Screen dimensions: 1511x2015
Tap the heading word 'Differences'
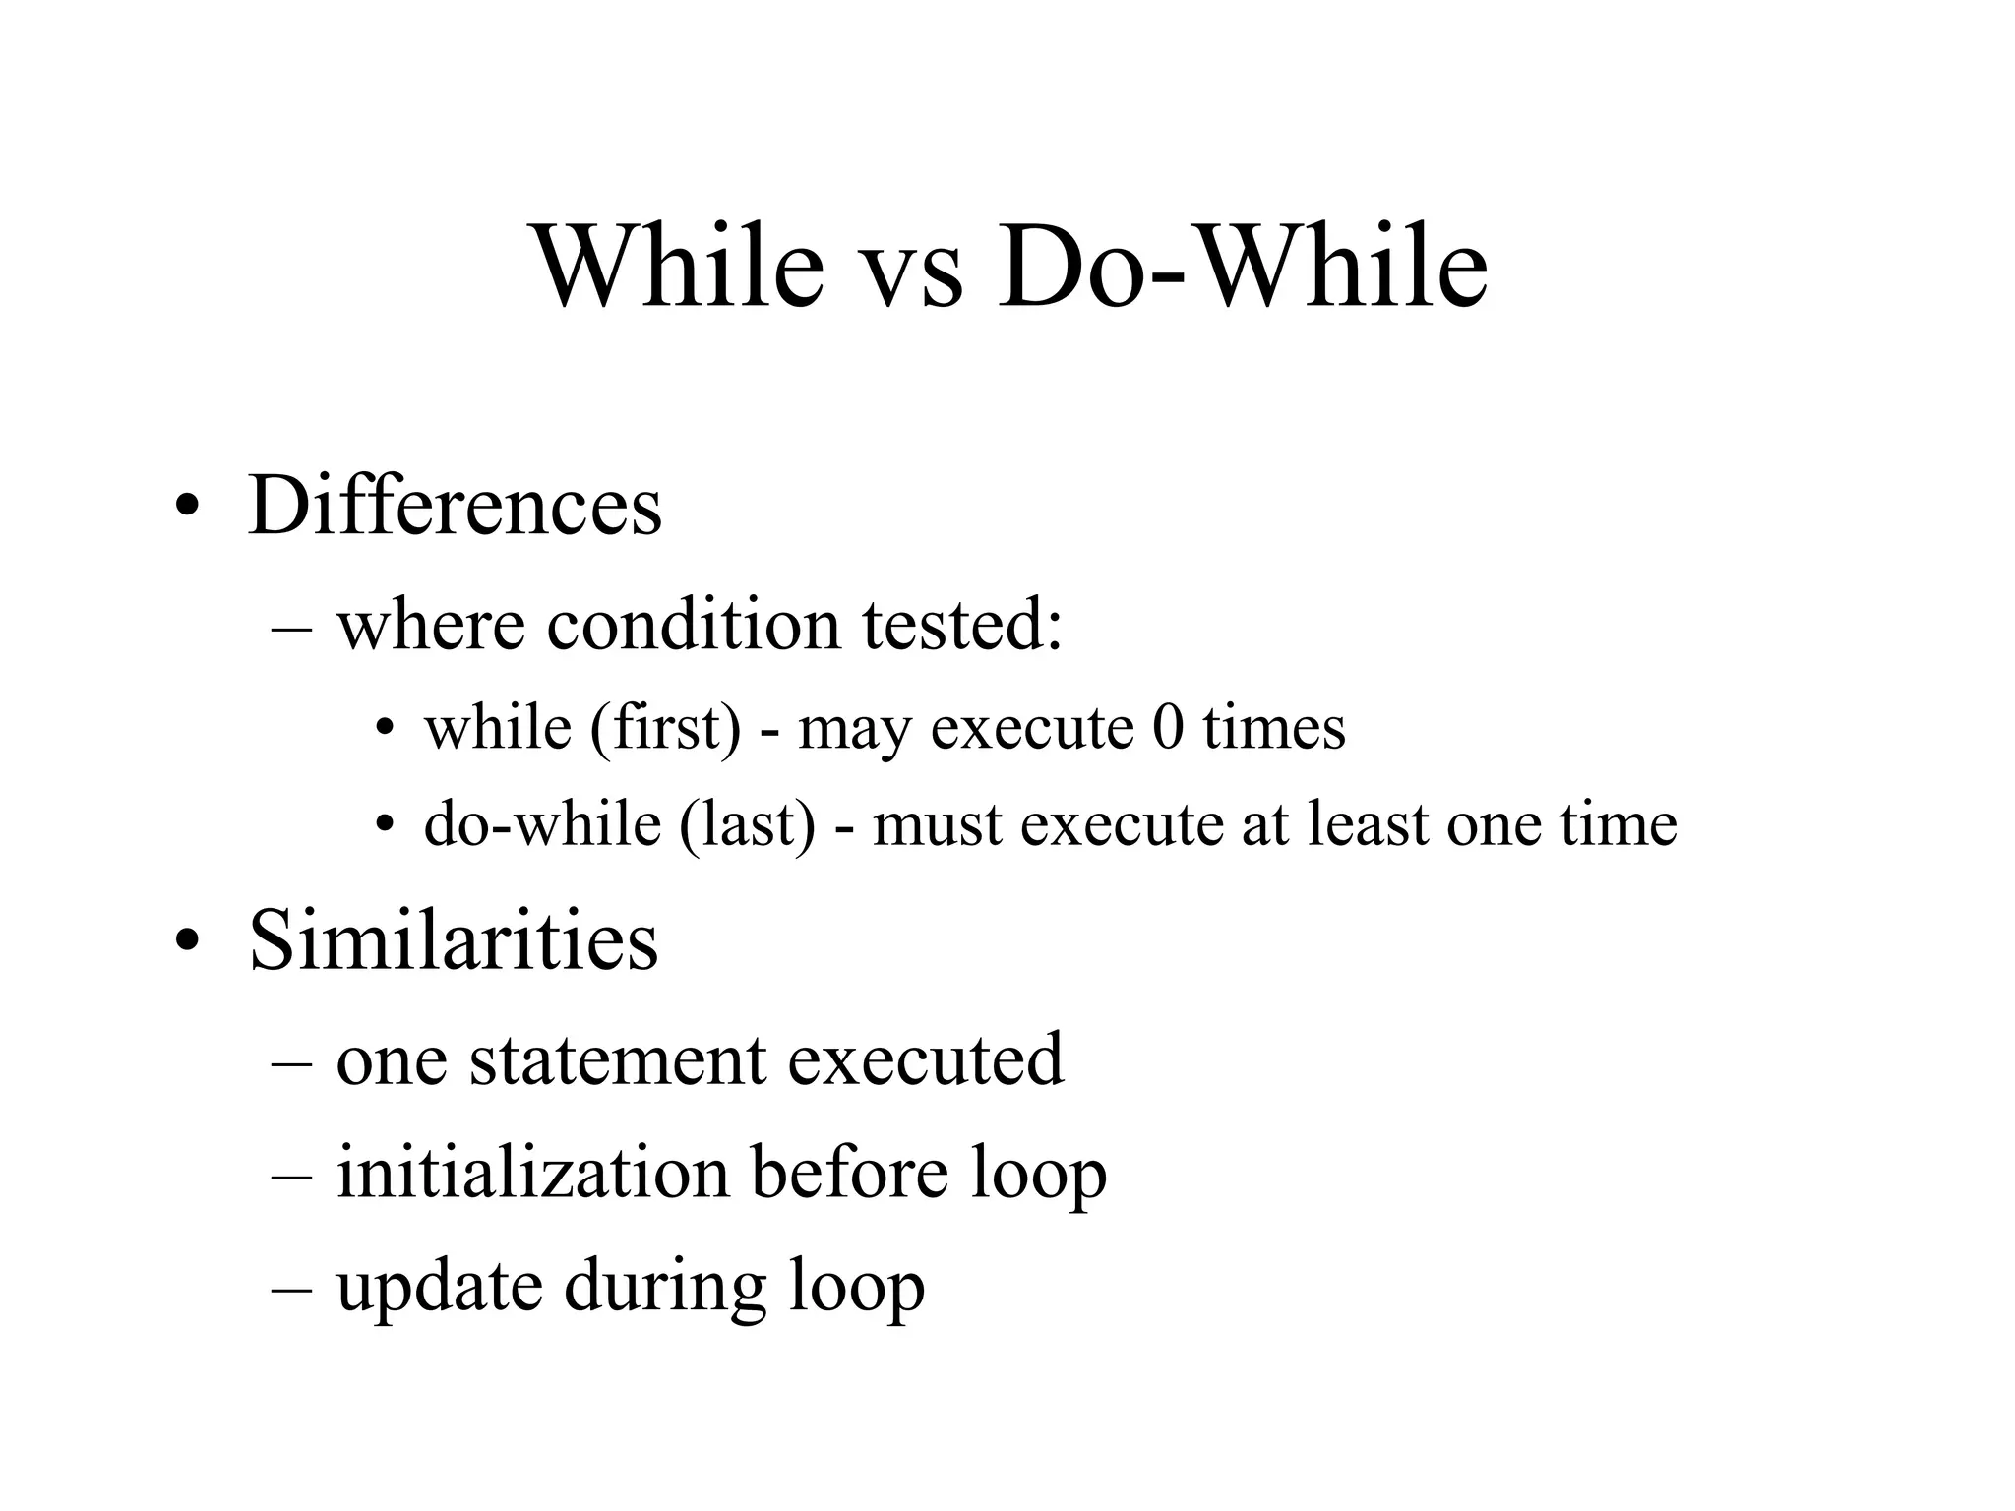click(455, 507)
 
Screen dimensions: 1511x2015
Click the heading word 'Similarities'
click(453, 940)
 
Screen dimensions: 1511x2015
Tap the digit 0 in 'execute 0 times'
click(1168, 728)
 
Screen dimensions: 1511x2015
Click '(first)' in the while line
click(665, 730)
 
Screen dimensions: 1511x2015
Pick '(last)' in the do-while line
click(747, 824)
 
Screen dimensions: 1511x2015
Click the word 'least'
click(1366, 824)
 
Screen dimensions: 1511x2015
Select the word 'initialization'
click(533, 1173)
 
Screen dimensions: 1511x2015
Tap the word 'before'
click(850, 1173)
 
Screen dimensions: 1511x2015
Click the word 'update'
click(439, 1287)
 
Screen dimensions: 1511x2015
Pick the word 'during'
click(664, 1287)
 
